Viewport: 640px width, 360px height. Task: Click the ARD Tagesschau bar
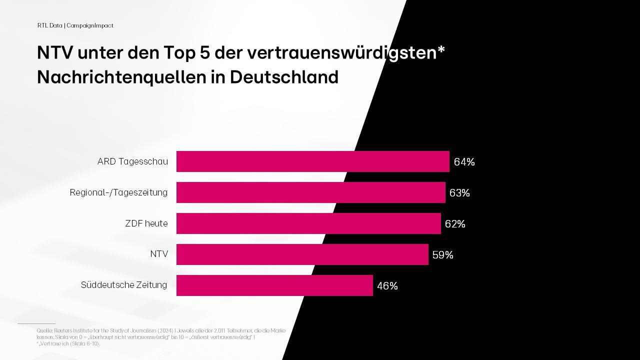(312, 161)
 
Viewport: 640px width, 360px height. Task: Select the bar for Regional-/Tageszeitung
(310, 192)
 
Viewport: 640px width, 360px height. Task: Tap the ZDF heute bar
(308, 223)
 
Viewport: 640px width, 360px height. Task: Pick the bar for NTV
(302, 254)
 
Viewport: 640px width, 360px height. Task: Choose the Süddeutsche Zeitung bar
(274, 285)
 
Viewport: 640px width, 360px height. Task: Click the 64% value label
(464, 162)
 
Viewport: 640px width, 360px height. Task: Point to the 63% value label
(459, 193)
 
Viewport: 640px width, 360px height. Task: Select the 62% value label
(455, 224)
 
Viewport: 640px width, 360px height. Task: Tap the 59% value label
(442, 255)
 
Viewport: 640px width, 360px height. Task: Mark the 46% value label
(387, 286)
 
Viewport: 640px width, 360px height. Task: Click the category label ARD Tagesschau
(132, 162)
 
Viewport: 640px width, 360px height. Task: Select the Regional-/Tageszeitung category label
(118, 192)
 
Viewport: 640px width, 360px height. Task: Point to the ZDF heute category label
(146, 223)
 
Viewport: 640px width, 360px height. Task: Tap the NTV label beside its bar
(159, 254)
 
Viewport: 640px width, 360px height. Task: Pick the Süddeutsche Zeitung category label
(124, 285)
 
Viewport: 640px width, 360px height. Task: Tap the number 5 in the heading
(205, 52)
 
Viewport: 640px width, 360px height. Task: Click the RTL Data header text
(49, 25)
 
